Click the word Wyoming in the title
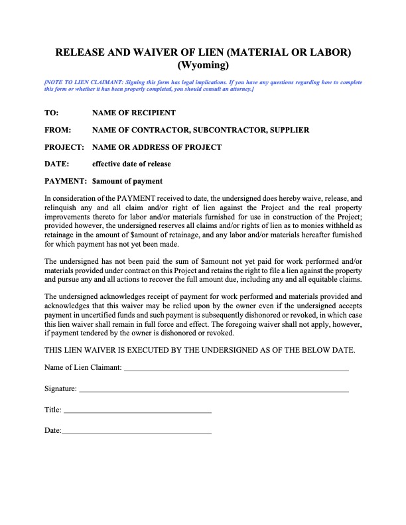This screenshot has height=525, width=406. [x=203, y=65]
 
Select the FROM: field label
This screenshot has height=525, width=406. [x=57, y=130]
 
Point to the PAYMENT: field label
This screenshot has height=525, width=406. [x=66, y=181]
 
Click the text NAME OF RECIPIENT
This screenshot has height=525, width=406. [x=133, y=113]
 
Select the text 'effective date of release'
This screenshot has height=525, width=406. [x=131, y=164]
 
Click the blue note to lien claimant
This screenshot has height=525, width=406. [x=203, y=85]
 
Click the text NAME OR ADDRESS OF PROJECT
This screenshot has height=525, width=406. [x=157, y=147]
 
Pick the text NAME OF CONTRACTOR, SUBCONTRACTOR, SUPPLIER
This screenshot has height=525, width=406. [x=200, y=130]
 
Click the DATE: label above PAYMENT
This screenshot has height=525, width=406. [x=56, y=164]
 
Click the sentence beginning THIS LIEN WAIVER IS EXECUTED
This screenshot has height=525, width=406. [x=199, y=349]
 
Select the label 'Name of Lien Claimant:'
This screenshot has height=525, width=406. [x=83, y=367]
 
